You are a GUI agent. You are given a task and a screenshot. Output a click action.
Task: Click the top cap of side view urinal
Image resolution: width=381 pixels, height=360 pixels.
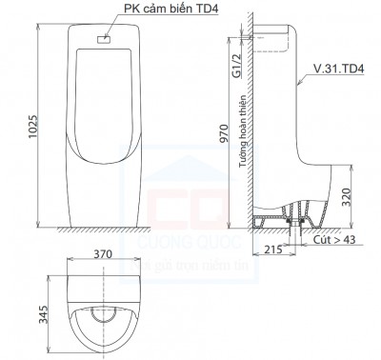tap(276, 34)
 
